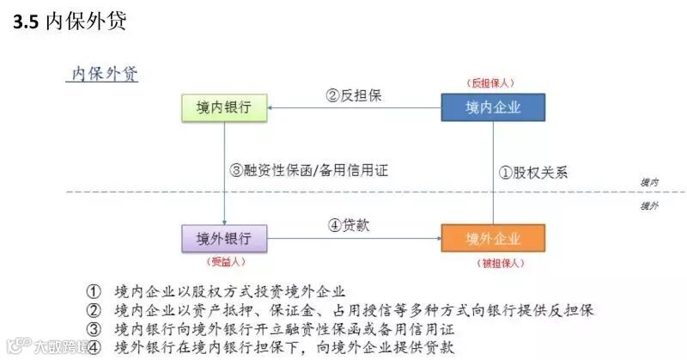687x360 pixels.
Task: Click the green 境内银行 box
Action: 223,107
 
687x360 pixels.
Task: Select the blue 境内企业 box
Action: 493,107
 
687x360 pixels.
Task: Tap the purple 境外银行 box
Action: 223,238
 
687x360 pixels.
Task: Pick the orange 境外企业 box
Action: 493,238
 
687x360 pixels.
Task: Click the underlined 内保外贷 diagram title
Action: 102,74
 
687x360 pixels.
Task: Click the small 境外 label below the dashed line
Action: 650,206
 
